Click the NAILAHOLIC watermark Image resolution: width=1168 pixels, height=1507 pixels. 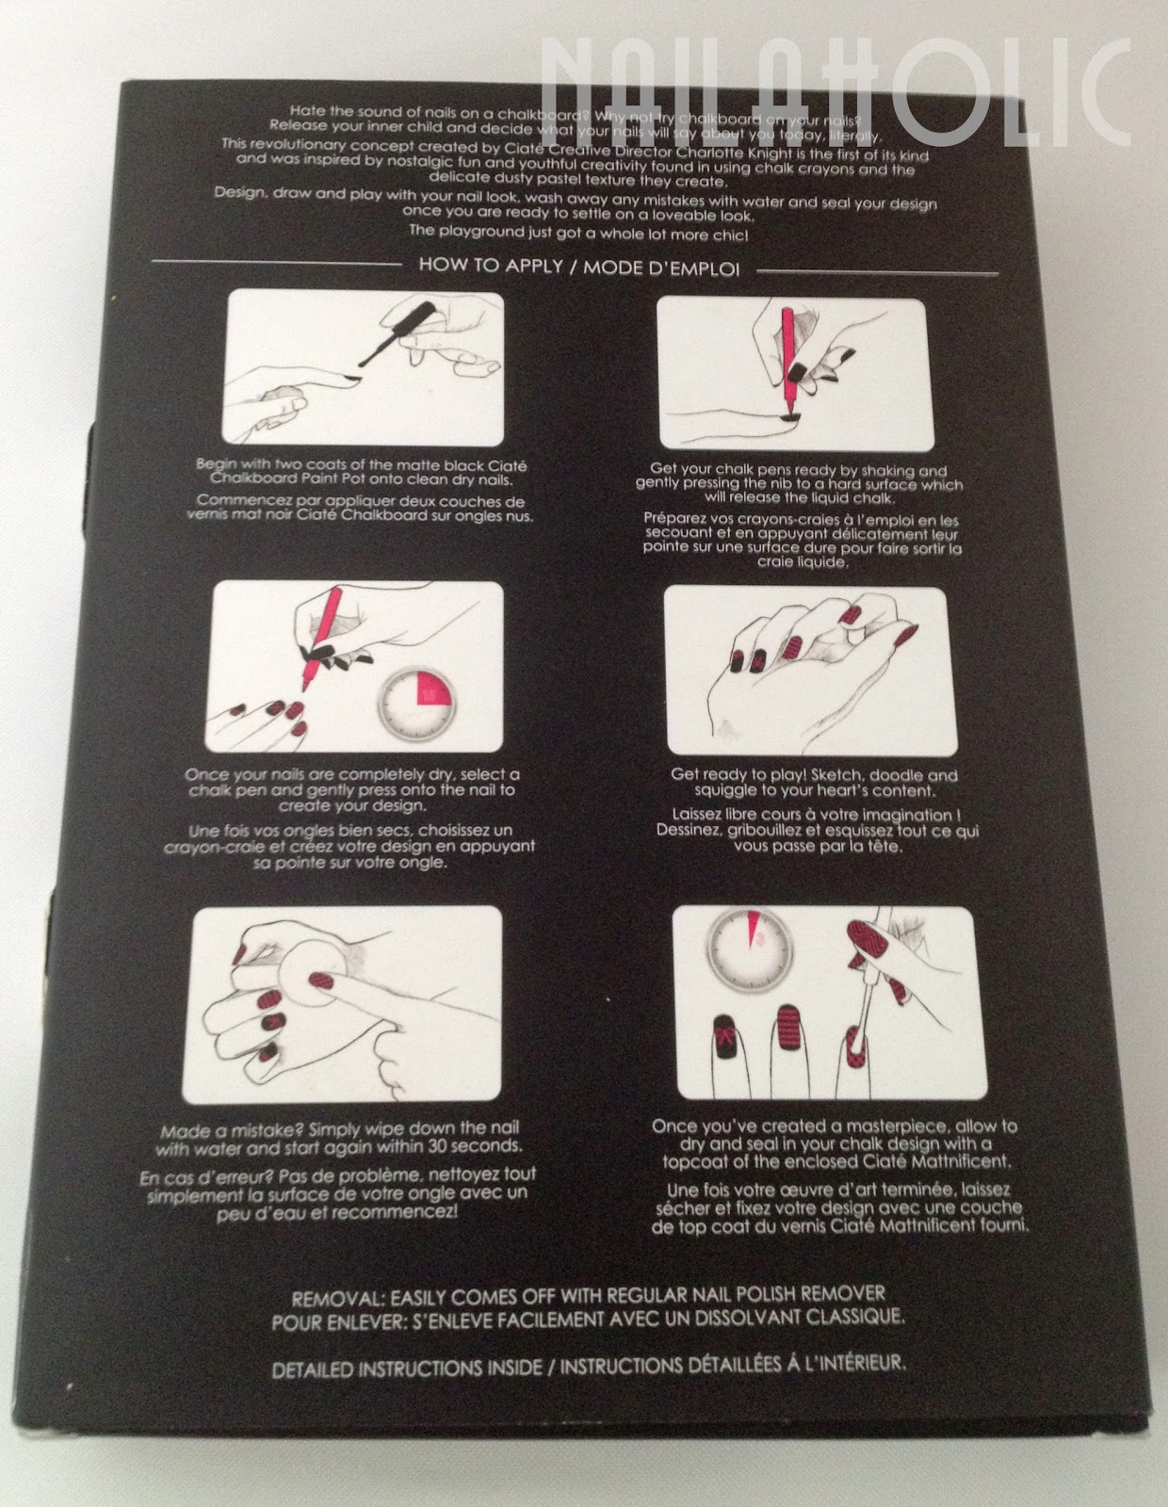pos(835,93)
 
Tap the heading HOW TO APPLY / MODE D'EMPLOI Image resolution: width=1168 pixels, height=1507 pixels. pos(579,267)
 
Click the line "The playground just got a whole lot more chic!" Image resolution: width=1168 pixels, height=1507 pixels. pos(578,233)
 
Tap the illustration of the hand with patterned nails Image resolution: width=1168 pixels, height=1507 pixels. pos(812,671)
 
